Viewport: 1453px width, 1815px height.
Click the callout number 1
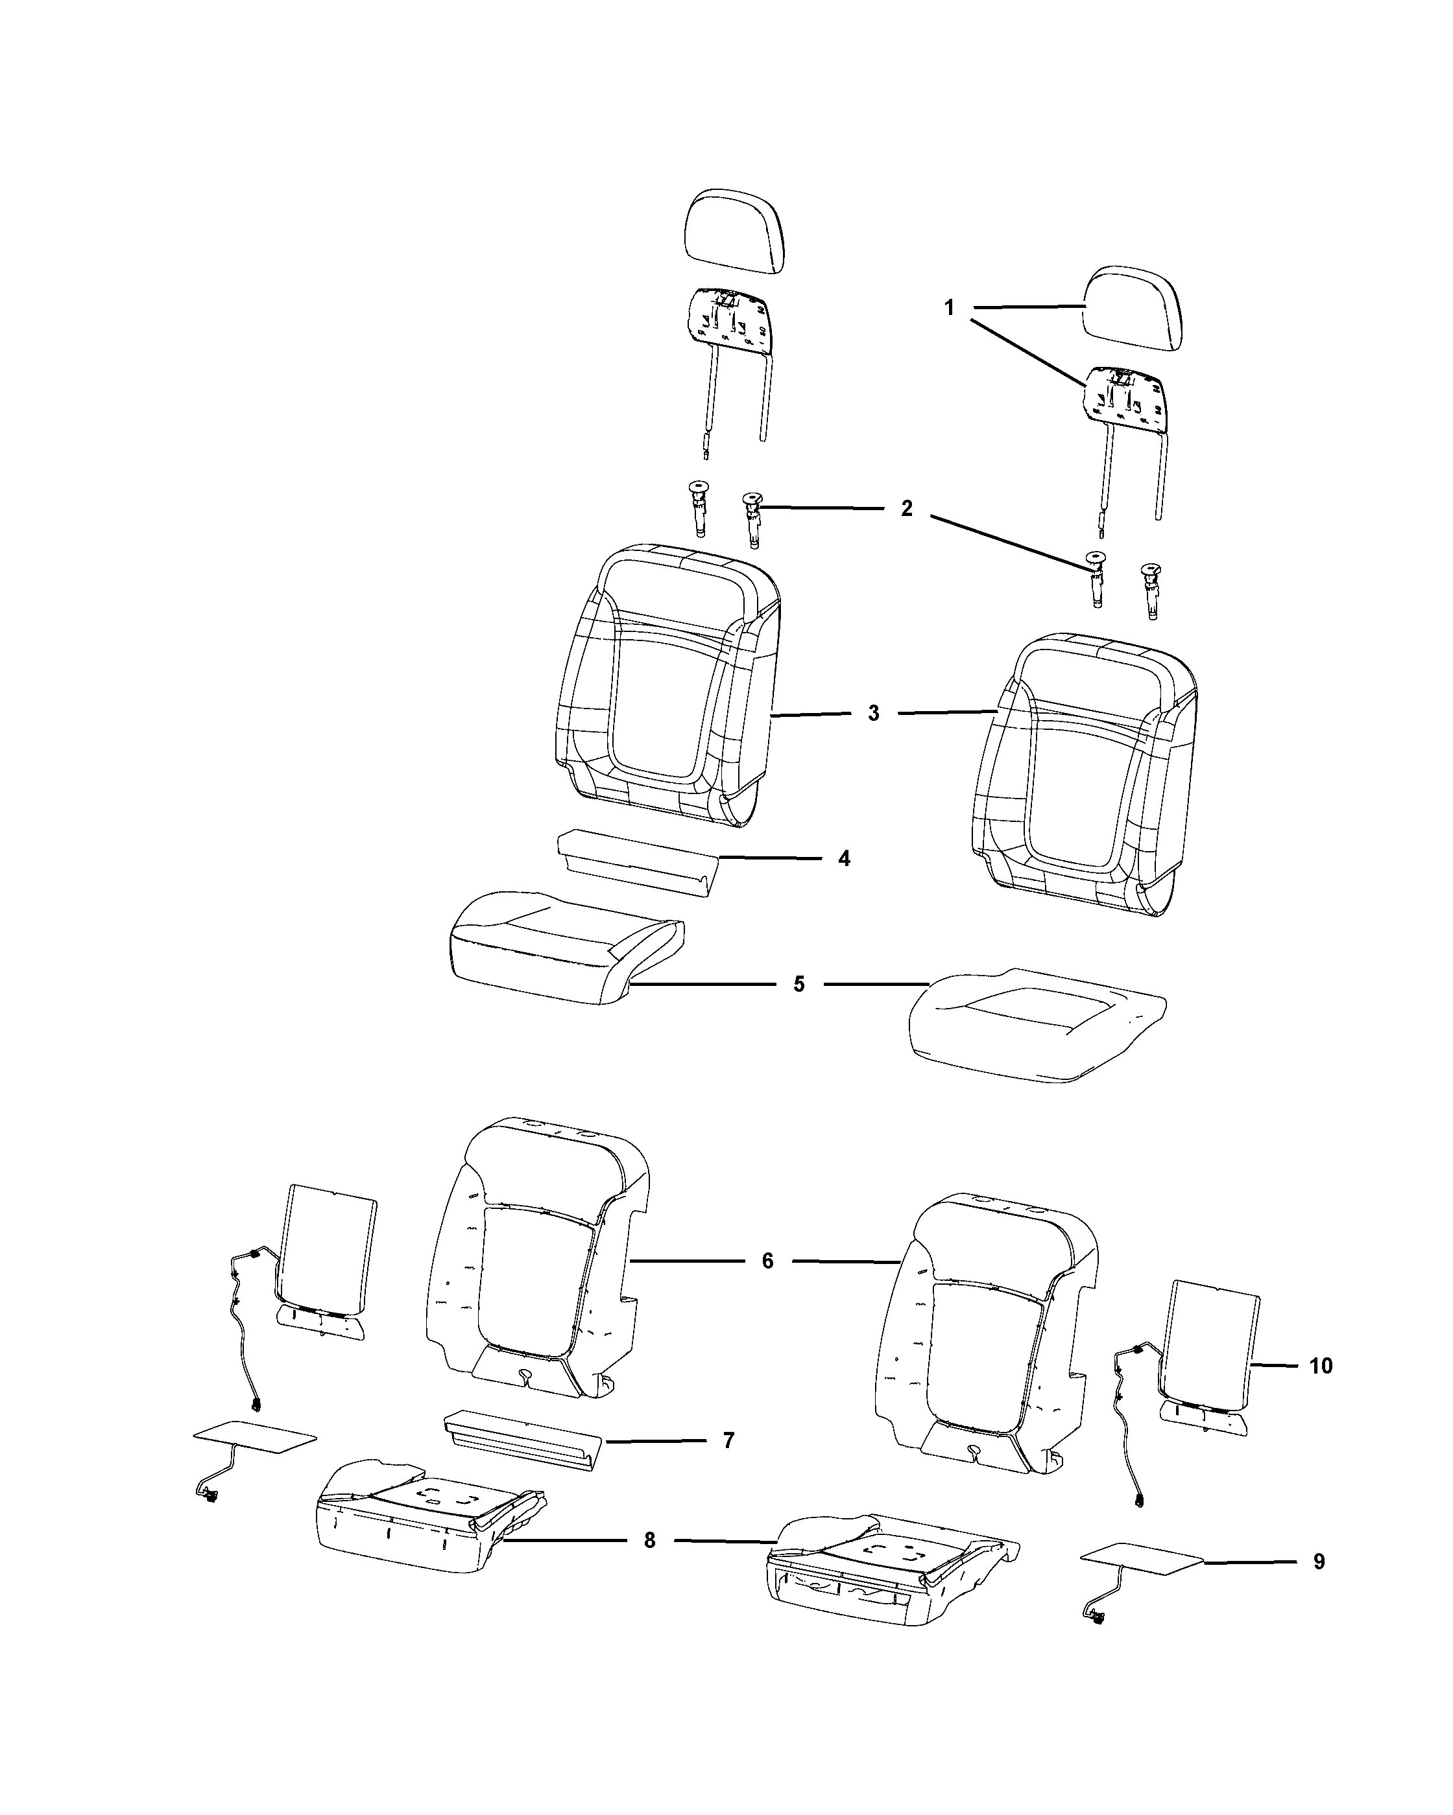pos(949,308)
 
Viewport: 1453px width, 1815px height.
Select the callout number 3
pos(874,713)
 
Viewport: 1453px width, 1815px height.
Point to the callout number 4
pos(844,859)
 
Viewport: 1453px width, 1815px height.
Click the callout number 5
pos(799,983)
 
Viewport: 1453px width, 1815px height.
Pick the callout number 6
pos(767,1285)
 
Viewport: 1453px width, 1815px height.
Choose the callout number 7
pos(728,1440)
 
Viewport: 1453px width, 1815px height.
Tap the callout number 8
pos(649,1541)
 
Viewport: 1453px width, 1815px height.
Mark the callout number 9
pos(1319,1562)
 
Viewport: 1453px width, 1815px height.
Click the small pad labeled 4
pos(637,863)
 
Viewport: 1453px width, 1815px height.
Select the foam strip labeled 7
pos(522,1440)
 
